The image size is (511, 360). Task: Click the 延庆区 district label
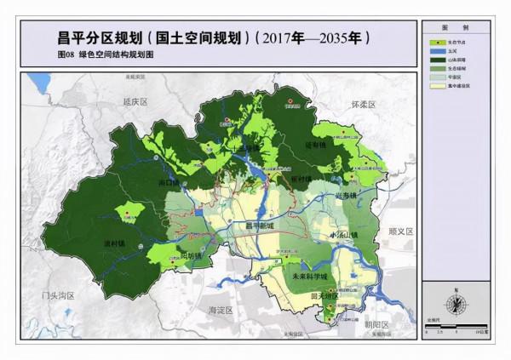coord(135,101)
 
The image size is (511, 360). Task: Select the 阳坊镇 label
coord(194,255)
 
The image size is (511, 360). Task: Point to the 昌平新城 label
coord(260,226)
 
